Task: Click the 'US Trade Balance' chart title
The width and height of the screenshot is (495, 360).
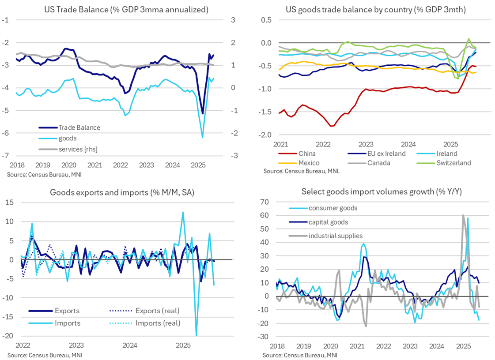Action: (x=123, y=9)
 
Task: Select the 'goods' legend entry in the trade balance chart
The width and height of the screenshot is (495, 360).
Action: (x=68, y=139)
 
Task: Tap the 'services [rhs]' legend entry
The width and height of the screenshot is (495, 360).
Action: (x=78, y=149)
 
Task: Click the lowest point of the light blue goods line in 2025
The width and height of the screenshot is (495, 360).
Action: (x=202, y=138)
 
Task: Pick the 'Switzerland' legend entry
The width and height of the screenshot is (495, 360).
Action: (x=454, y=163)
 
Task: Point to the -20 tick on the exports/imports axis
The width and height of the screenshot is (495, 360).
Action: (x=9, y=336)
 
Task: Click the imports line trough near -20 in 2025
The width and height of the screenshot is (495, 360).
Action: (x=196, y=335)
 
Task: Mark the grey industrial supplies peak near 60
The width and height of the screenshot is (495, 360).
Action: (x=463, y=215)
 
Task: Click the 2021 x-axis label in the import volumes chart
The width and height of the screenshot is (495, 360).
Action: (x=357, y=347)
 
